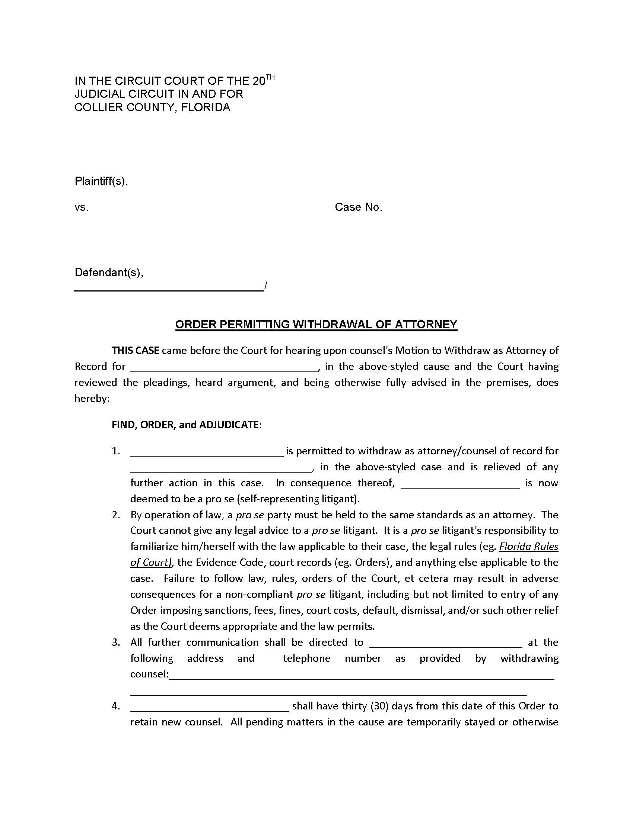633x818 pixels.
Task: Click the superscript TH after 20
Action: pyautogui.click(x=270, y=78)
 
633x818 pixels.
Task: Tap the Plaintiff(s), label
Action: pyautogui.click(x=101, y=181)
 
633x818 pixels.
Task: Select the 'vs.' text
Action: pyautogui.click(x=82, y=207)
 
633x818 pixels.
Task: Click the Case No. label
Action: pyautogui.click(x=358, y=207)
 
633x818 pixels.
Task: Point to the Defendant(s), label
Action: pyautogui.click(x=109, y=272)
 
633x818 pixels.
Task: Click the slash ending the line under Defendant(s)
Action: pyautogui.click(x=265, y=286)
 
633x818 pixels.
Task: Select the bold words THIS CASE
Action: pyautogui.click(x=136, y=351)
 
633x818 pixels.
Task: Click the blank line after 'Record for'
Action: pyautogui.click(x=224, y=367)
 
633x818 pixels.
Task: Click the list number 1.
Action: pyautogui.click(x=116, y=451)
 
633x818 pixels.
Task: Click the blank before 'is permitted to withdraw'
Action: pyautogui.click(x=207, y=452)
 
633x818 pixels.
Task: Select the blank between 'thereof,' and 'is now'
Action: pyautogui.click(x=460, y=483)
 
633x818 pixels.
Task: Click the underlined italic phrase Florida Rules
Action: pyautogui.click(x=528, y=547)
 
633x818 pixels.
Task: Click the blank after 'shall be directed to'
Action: pyautogui.click(x=445, y=643)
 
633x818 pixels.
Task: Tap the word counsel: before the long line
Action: pyautogui.click(x=149, y=674)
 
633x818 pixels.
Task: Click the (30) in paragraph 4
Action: pyautogui.click(x=378, y=706)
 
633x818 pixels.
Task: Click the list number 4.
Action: pyautogui.click(x=116, y=706)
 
